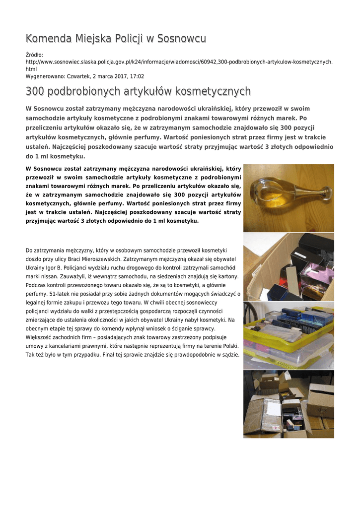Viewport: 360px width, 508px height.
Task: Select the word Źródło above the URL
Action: click(x=34, y=55)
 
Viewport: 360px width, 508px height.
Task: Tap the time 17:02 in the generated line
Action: click(x=137, y=76)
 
